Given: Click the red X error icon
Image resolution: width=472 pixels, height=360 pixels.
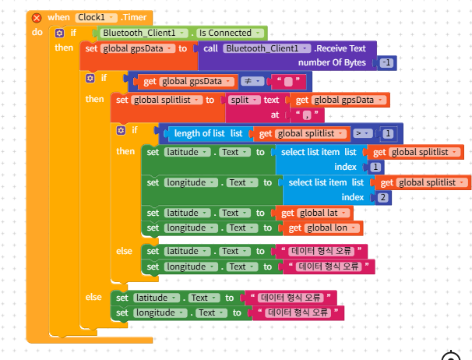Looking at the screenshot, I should point(36,17).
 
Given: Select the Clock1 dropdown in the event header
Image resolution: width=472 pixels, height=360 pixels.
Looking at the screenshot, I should point(97,17).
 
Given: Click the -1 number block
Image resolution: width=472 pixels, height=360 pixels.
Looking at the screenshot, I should point(386,62).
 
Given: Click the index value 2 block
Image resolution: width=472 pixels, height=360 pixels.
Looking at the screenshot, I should point(382,197).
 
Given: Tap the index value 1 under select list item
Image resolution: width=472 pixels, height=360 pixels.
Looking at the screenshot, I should point(376,167).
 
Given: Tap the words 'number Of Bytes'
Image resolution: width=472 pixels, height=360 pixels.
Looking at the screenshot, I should point(333,62).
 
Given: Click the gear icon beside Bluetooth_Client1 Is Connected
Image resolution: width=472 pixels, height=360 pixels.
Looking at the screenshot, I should point(59,33).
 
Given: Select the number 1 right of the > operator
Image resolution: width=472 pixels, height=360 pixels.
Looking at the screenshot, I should point(387,133).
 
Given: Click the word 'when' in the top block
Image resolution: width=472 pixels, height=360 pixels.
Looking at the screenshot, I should point(58,17).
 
